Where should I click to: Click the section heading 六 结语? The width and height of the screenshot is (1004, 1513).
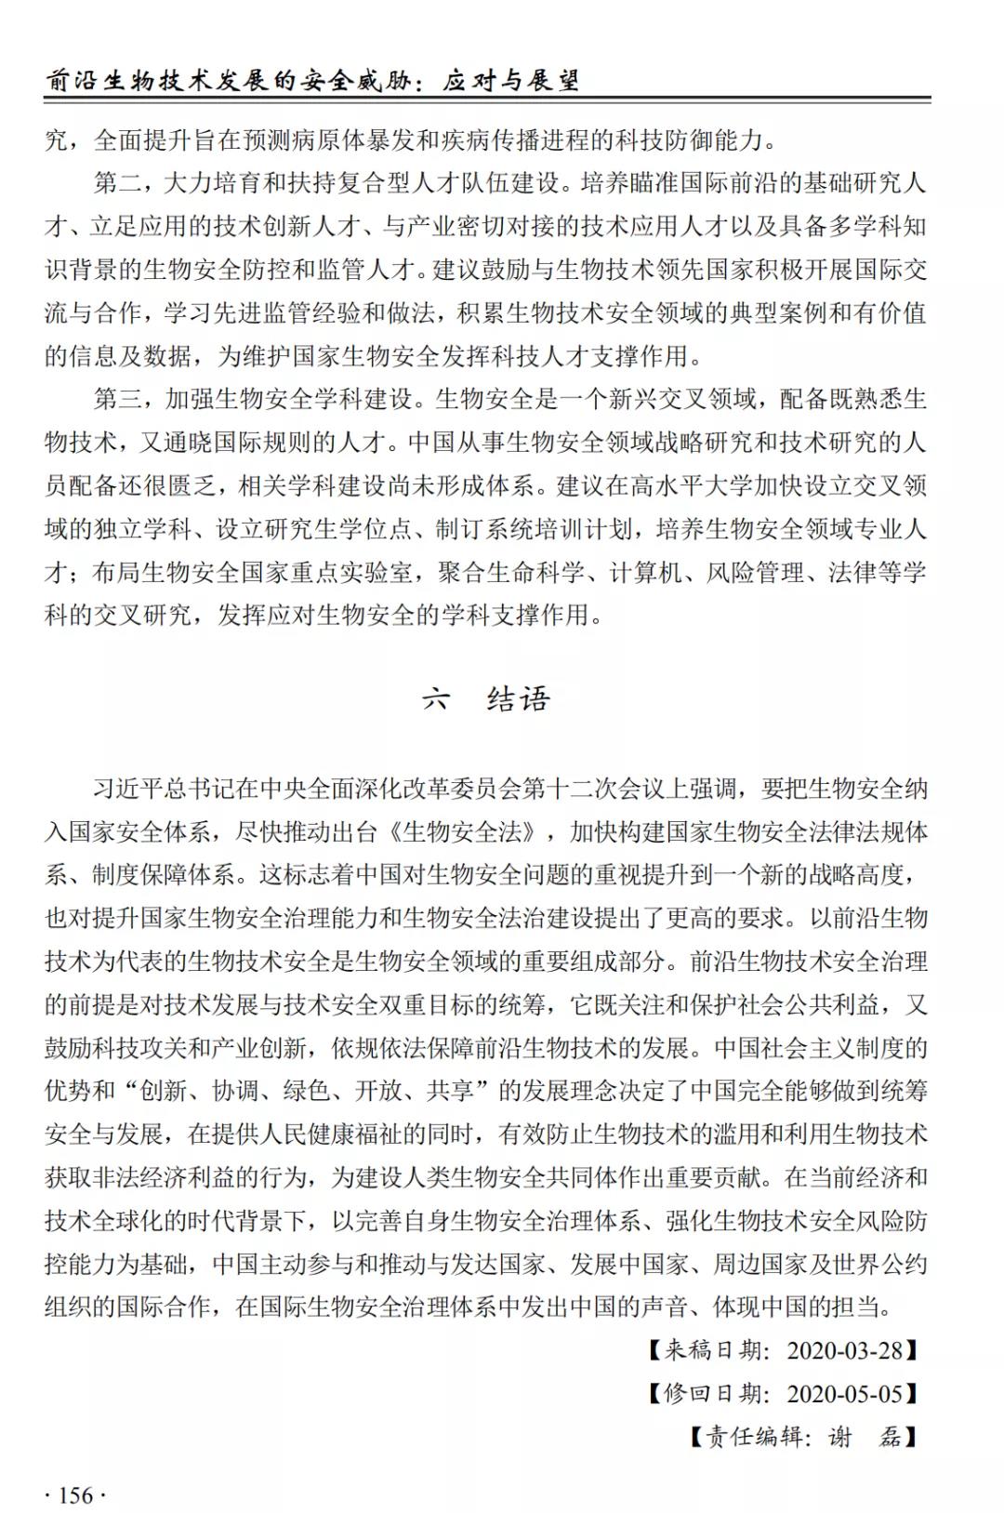coord(485,698)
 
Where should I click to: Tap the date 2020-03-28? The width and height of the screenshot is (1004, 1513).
coord(845,1350)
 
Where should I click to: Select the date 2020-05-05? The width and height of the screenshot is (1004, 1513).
coord(845,1393)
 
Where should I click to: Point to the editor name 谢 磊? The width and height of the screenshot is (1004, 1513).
coord(864,1437)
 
